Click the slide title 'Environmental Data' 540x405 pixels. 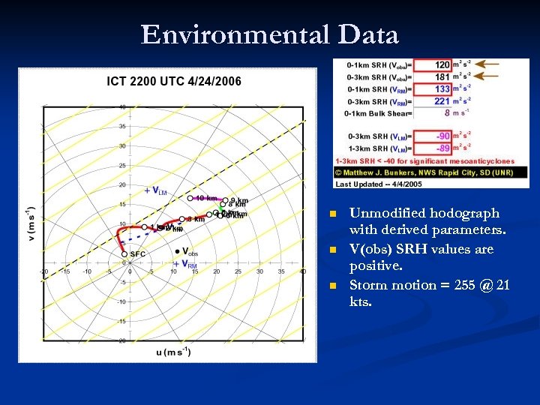(x=269, y=35)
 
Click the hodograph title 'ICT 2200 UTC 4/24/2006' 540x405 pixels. (x=174, y=81)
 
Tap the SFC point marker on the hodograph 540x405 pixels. (x=124, y=254)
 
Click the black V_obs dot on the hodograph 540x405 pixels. (x=177, y=251)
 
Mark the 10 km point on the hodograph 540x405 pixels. (x=190, y=198)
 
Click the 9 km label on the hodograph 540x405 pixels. (x=239, y=201)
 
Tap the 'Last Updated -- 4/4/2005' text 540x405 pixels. (x=379, y=184)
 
